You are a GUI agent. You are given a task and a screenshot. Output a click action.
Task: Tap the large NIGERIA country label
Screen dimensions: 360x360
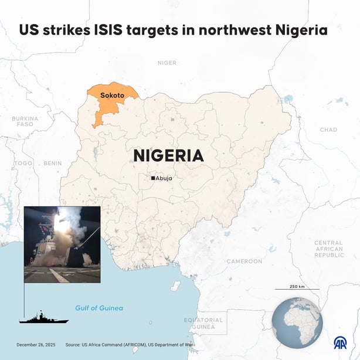(x=168, y=155)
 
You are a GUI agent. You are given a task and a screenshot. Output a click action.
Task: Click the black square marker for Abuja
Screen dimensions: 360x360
(x=153, y=178)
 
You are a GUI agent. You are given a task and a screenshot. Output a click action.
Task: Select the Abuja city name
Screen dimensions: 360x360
(x=165, y=178)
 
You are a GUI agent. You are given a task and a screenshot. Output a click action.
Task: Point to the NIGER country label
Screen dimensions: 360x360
(x=167, y=62)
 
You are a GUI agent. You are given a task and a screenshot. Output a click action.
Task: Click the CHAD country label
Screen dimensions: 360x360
(x=328, y=130)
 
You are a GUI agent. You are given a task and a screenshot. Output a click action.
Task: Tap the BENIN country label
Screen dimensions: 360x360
(x=52, y=163)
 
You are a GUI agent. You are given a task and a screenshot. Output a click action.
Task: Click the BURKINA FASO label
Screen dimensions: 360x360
(x=25, y=121)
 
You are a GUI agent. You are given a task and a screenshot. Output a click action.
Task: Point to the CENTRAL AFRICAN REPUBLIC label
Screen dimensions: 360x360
(x=328, y=249)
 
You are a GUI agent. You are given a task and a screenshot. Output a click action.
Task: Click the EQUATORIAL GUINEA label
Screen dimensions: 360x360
(x=203, y=323)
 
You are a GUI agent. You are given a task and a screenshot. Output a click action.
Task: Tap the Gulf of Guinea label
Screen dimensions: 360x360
(x=99, y=308)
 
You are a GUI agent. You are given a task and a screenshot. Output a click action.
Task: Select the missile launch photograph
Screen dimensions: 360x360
(x=62, y=244)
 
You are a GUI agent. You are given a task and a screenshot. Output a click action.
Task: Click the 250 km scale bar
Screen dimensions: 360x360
(x=296, y=289)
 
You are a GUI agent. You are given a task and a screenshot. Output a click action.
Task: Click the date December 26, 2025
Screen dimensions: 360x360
(x=36, y=345)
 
